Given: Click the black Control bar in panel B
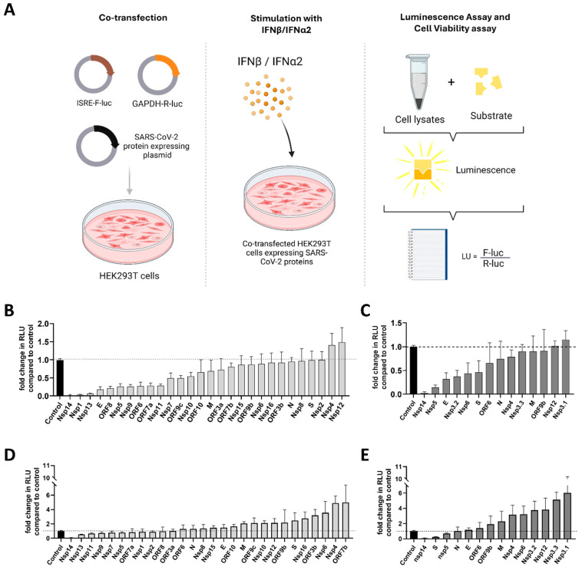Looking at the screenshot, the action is point(60,378).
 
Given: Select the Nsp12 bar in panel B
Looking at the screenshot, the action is point(342,369).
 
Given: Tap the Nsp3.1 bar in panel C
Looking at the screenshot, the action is point(566,367).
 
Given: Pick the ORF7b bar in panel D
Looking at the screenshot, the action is point(346,520).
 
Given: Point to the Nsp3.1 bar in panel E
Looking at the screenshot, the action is point(567,516).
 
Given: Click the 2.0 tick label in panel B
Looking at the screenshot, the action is point(44,324).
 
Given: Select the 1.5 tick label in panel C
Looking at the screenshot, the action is point(396,324).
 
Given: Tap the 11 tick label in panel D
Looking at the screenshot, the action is point(46,466).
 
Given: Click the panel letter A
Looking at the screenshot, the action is point(9,10).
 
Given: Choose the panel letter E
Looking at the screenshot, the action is point(365,455).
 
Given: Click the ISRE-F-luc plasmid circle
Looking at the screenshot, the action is point(94,74).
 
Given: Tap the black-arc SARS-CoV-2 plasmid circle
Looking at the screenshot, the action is point(97,146).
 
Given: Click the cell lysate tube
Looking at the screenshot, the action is point(418,82).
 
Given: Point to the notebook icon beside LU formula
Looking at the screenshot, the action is point(427,255).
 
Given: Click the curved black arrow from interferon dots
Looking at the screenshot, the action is point(286,136).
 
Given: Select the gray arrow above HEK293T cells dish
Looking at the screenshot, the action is point(129,180).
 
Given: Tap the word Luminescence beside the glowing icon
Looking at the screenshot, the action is point(485,170).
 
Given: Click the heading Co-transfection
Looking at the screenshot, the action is point(133,18).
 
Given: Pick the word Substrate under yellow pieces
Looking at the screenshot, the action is point(491,116).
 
